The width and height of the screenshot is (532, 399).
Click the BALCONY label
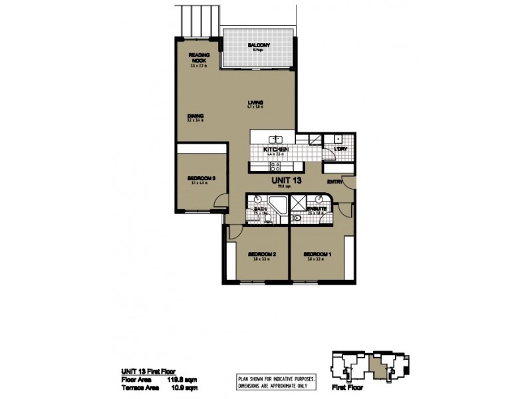[x=258, y=45]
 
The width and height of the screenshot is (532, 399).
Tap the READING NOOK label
[x=199, y=57]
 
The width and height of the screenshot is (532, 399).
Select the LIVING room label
[x=256, y=102]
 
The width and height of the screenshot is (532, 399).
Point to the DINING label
[x=195, y=116]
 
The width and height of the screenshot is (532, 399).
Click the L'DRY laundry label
[x=340, y=148]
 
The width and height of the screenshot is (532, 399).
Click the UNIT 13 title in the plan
[x=285, y=180]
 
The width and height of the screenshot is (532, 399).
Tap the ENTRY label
[x=334, y=183]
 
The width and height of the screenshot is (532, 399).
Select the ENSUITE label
[x=316, y=209]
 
